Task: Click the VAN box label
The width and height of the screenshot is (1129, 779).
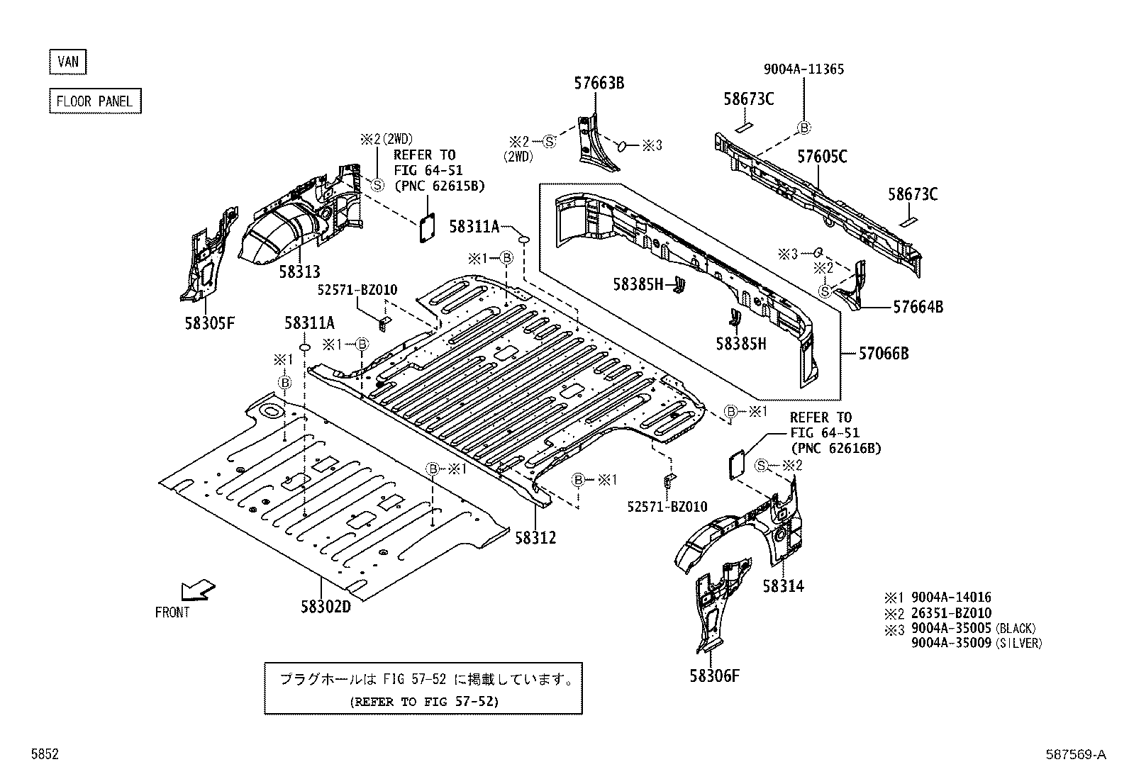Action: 68,62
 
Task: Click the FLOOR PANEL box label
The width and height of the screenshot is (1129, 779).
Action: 94,101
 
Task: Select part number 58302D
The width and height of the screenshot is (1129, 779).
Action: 326,607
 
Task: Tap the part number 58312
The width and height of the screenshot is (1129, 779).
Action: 535,538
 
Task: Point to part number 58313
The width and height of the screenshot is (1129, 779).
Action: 299,271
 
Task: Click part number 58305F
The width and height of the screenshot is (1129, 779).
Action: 209,323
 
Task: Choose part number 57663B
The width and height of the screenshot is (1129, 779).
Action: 599,83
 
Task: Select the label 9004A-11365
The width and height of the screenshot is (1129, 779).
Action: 803,69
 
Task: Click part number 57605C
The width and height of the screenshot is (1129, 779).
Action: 822,157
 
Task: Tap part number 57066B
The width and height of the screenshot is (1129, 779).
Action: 883,352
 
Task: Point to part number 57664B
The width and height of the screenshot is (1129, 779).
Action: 918,307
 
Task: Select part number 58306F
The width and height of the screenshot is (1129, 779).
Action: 714,675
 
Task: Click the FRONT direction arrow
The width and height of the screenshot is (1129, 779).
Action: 196,590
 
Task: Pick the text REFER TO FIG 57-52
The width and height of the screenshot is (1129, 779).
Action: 423,702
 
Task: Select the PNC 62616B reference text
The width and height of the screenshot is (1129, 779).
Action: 835,448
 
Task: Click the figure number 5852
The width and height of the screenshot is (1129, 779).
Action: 44,755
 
